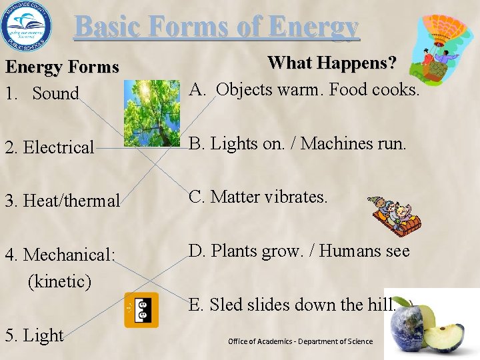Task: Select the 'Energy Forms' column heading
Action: [x=62, y=67]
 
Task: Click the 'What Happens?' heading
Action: [x=331, y=63]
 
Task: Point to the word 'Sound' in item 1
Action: [x=55, y=94]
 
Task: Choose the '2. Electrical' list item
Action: [x=50, y=147]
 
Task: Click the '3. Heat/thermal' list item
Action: [x=63, y=200]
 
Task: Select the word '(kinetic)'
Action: [x=59, y=281]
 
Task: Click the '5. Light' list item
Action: [x=34, y=335]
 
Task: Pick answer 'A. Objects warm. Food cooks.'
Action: [x=305, y=89]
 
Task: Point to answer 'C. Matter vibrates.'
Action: [x=259, y=197]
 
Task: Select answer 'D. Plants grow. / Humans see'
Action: [x=299, y=251]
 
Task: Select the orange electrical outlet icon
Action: [x=141, y=310]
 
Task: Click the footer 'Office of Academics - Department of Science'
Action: [x=300, y=341]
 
